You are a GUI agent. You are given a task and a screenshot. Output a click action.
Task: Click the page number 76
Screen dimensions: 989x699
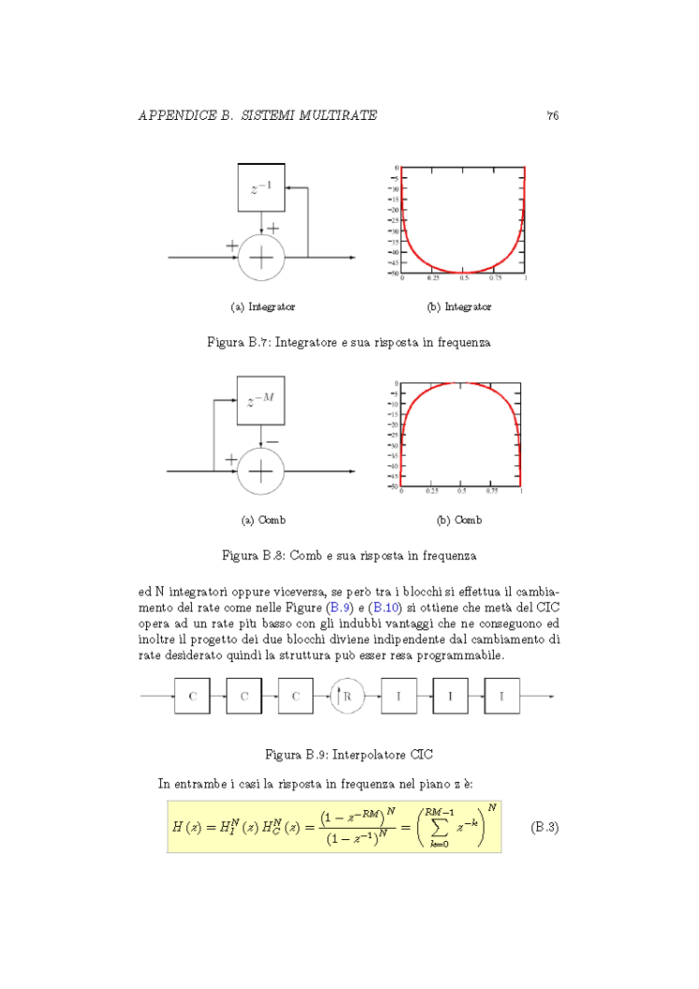point(552,115)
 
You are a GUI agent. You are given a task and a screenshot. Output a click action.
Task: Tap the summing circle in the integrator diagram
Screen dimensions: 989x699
point(261,257)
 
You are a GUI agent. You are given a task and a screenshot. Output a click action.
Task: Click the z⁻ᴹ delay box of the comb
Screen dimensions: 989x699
point(260,401)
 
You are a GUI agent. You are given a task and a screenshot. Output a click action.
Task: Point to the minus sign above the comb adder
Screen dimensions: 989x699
point(272,442)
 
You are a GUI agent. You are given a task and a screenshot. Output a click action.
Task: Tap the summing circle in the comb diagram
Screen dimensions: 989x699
point(260,471)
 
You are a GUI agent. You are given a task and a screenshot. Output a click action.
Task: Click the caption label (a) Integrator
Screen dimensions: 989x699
point(262,307)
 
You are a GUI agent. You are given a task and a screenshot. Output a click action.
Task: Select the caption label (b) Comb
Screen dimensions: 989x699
point(459,520)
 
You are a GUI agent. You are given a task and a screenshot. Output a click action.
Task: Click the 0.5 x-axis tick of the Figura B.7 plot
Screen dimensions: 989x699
point(464,279)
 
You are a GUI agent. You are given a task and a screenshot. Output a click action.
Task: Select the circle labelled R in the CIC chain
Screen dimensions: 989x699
point(347,697)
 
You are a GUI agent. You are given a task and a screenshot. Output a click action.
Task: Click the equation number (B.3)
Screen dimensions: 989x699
point(543,827)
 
